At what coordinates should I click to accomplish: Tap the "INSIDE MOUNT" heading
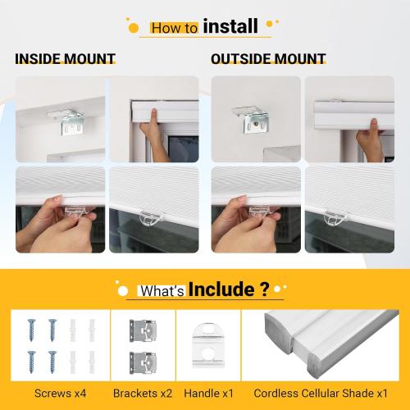click(65, 59)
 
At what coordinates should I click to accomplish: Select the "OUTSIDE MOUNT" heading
click(268, 59)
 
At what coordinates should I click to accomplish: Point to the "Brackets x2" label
click(143, 392)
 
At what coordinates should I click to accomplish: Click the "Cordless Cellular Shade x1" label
click(320, 392)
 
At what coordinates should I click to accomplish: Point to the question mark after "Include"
click(264, 289)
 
